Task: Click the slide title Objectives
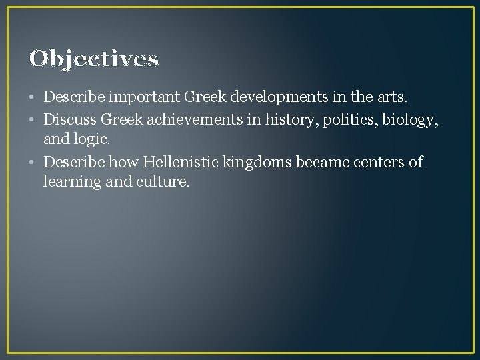(x=94, y=59)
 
